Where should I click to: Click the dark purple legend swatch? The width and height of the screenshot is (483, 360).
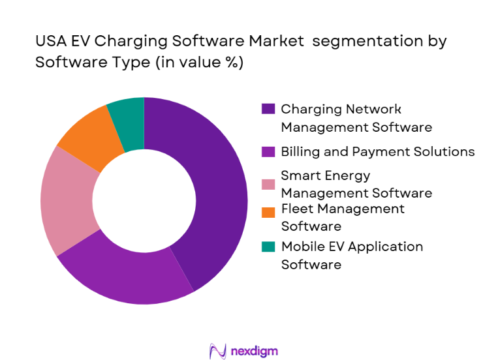pyautogui.click(x=268, y=109)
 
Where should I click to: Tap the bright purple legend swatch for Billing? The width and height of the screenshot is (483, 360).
pyautogui.click(x=268, y=152)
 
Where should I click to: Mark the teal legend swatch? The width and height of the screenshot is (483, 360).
pyautogui.click(x=268, y=247)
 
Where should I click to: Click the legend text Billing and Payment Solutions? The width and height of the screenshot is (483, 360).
pyautogui.click(x=377, y=152)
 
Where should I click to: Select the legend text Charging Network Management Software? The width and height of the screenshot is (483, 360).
pyautogui.click(x=356, y=117)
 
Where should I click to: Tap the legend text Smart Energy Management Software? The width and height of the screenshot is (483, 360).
pyautogui.click(x=356, y=184)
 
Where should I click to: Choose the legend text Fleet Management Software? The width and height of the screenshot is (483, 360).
pyautogui.click(x=343, y=217)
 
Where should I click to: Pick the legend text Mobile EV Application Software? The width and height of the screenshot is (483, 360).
pyautogui.click(x=352, y=255)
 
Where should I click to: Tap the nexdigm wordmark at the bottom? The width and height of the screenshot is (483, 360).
pyautogui.click(x=254, y=351)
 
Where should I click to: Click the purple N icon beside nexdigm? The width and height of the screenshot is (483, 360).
pyautogui.click(x=217, y=351)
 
